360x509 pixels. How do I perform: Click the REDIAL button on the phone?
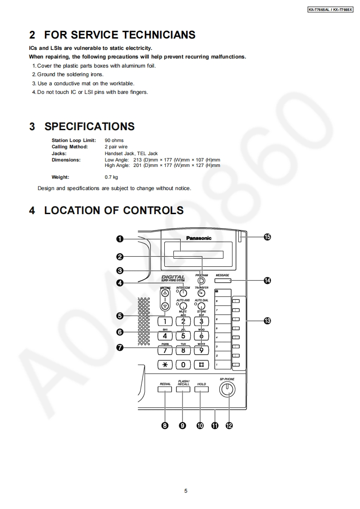165,389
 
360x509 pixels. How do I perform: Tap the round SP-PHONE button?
227,389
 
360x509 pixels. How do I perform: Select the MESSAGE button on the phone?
222,280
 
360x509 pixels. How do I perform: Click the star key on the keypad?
165,364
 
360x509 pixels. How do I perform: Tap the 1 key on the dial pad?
165,322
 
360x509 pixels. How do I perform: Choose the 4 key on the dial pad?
165,336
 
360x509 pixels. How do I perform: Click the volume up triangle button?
165,293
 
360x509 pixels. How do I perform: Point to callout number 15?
267,237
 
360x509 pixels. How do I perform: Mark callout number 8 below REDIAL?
165,426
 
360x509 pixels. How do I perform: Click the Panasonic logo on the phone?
199,238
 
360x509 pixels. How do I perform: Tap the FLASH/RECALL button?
183,389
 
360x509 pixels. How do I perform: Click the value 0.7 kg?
111,177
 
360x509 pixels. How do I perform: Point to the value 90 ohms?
114,141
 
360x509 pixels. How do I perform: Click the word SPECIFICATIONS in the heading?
89,127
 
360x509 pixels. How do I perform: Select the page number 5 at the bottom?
186,490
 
